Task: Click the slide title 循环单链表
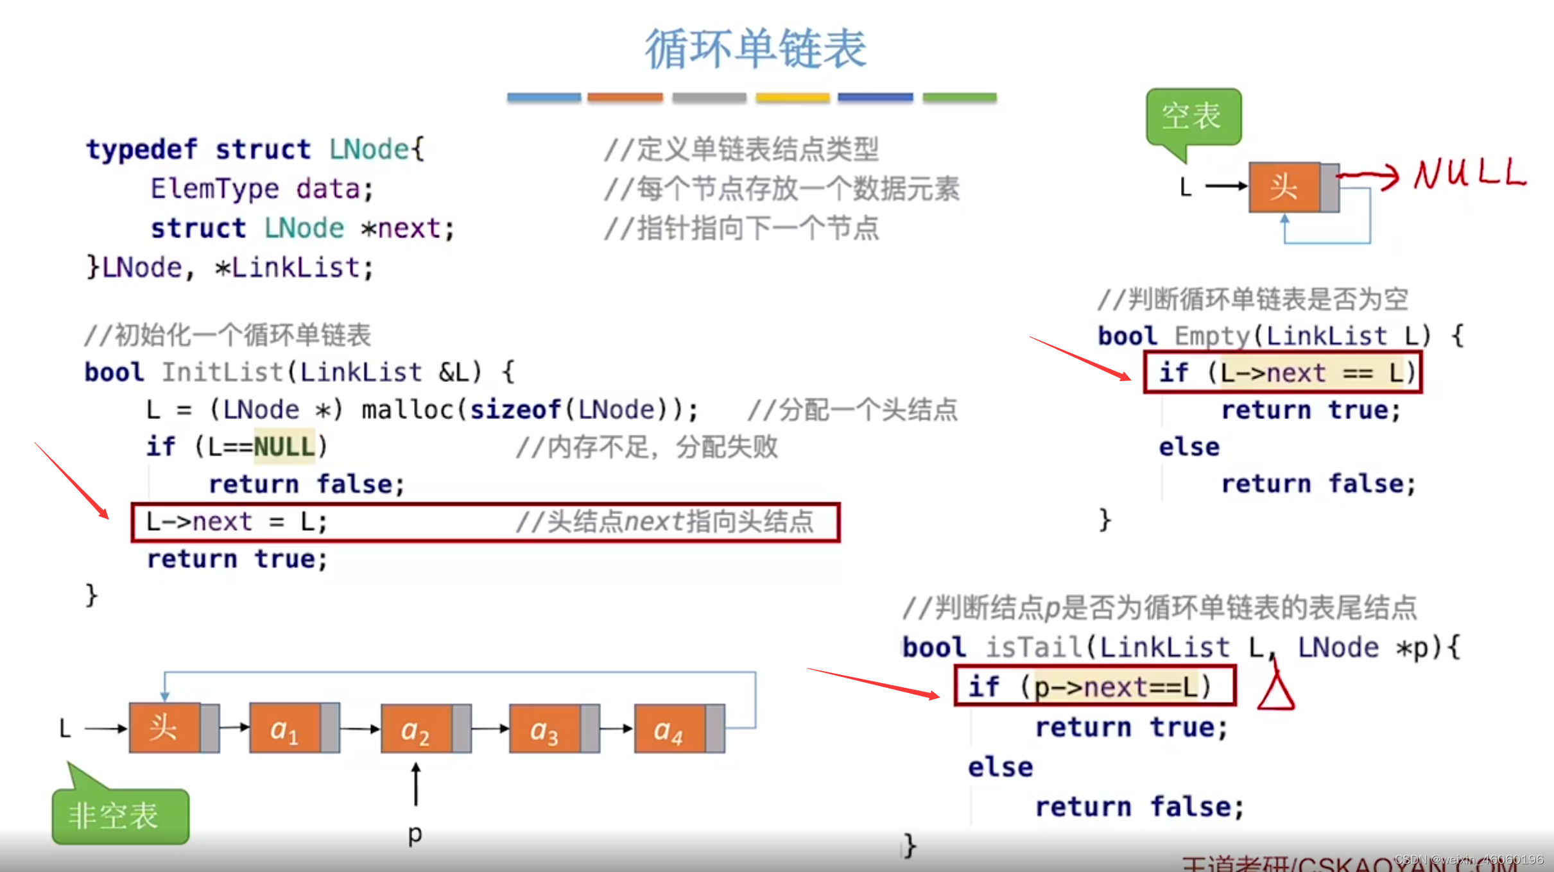tap(755, 49)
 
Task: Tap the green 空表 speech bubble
tap(1193, 117)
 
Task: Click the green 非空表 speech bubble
tap(120, 816)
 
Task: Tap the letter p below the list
tap(415, 834)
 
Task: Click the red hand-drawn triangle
tap(1276, 691)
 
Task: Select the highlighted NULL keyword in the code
tap(284, 447)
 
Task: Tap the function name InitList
tap(221, 372)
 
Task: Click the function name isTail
tap(1034, 647)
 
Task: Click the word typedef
tap(142, 150)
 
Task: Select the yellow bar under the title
tap(793, 98)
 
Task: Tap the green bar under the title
tap(960, 98)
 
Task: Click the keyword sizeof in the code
tap(516, 409)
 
